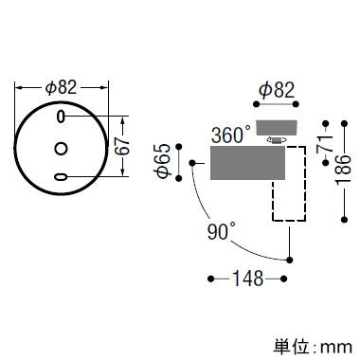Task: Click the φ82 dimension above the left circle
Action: coord(61,87)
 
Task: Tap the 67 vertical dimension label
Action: coord(122,146)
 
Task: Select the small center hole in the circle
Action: coord(61,148)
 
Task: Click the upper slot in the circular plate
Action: coord(61,117)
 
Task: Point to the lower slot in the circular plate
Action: coord(61,177)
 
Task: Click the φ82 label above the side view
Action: coord(277,90)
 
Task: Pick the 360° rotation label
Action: coord(230,135)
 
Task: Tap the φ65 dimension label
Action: coord(163,162)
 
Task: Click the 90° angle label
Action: coord(222,231)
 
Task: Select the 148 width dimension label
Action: coord(247,279)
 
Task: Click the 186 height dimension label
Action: coord(344,170)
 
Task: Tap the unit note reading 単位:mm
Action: coord(313,347)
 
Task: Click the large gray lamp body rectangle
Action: coord(248,163)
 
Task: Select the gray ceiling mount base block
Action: coord(277,128)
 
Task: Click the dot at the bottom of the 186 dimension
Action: coord(345,219)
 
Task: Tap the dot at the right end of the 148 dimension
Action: coord(283,279)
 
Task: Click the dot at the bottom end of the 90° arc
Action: coord(289,261)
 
